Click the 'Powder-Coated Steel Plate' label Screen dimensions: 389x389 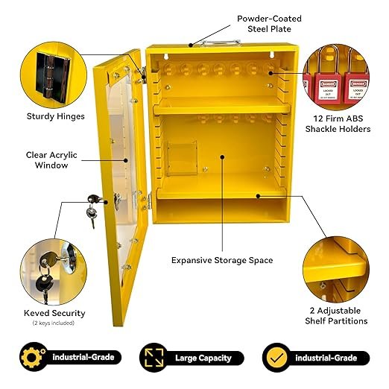[269, 24]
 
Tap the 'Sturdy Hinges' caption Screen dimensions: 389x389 [56, 116]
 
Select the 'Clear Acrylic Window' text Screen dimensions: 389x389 [51, 160]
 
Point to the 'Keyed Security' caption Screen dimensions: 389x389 [54, 313]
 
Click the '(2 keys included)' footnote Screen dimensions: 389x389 [54, 323]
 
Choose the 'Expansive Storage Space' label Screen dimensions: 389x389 [222, 260]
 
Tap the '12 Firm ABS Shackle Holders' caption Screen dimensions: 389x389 [338, 124]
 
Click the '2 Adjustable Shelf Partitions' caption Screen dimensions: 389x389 [336, 316]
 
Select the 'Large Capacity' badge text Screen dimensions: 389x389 [203, 358]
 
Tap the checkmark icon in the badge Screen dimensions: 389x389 [276, 358]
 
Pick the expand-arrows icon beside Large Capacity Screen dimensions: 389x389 [154, 358]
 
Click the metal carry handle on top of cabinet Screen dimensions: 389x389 [220, 42]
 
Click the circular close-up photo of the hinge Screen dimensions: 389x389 [54, 75]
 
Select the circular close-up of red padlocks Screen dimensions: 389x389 [336, 77]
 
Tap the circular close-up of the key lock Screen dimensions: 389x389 [54, 272]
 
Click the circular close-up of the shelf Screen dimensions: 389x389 [336, 270]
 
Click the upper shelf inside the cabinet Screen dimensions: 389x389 [222, 107]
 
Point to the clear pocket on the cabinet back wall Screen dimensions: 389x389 [182, 158]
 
